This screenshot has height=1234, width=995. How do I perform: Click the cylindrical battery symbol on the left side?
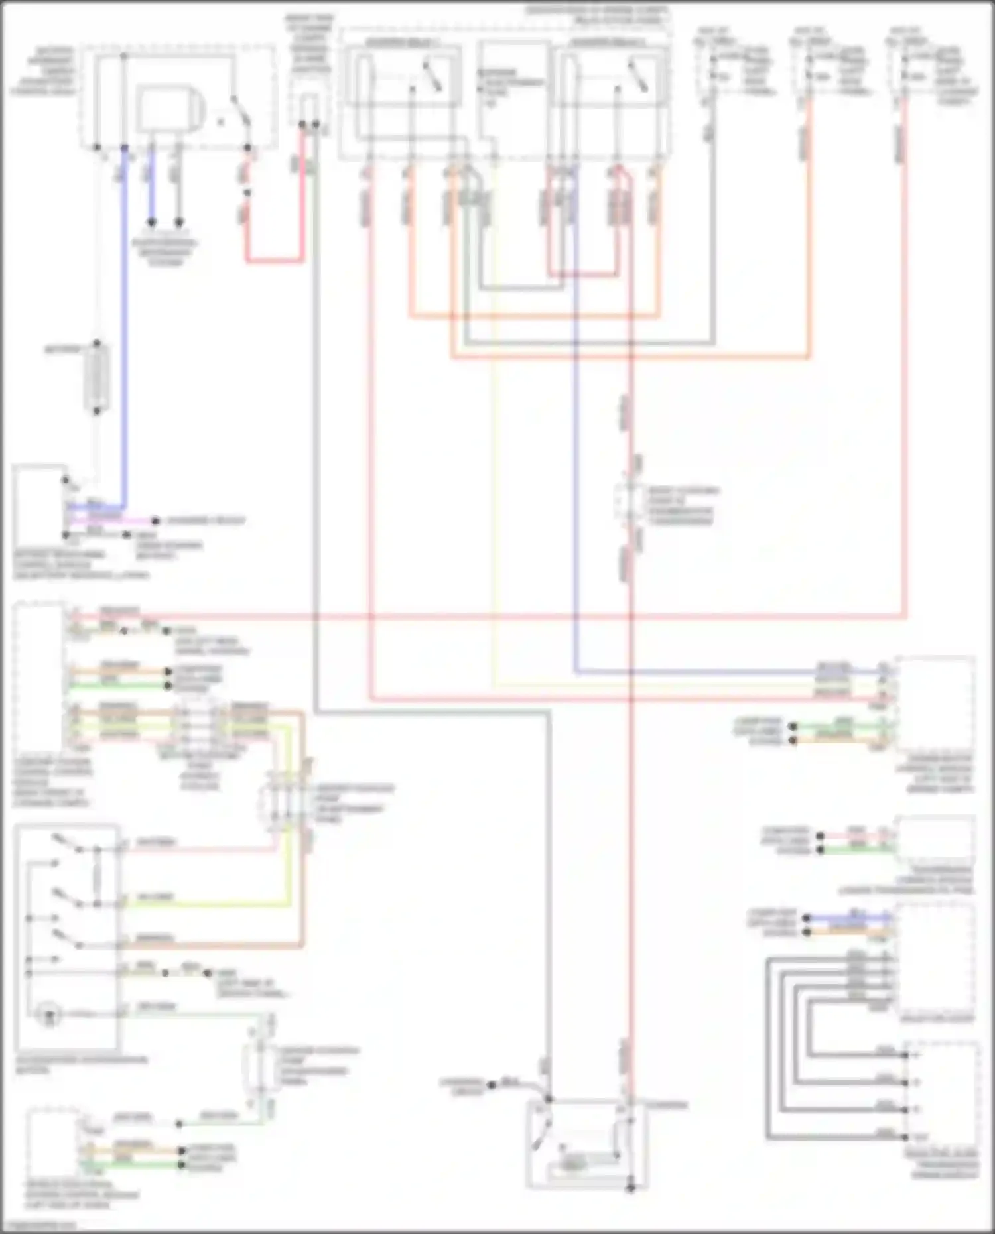[97, 378]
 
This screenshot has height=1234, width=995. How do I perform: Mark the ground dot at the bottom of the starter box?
[630, 1188]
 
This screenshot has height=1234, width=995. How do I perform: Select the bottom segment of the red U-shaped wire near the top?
[275, 261]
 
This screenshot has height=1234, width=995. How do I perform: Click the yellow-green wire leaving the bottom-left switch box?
[206, 904]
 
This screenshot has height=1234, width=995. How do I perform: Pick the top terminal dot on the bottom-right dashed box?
[905, 1054]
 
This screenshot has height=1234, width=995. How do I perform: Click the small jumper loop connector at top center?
[308, 109]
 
